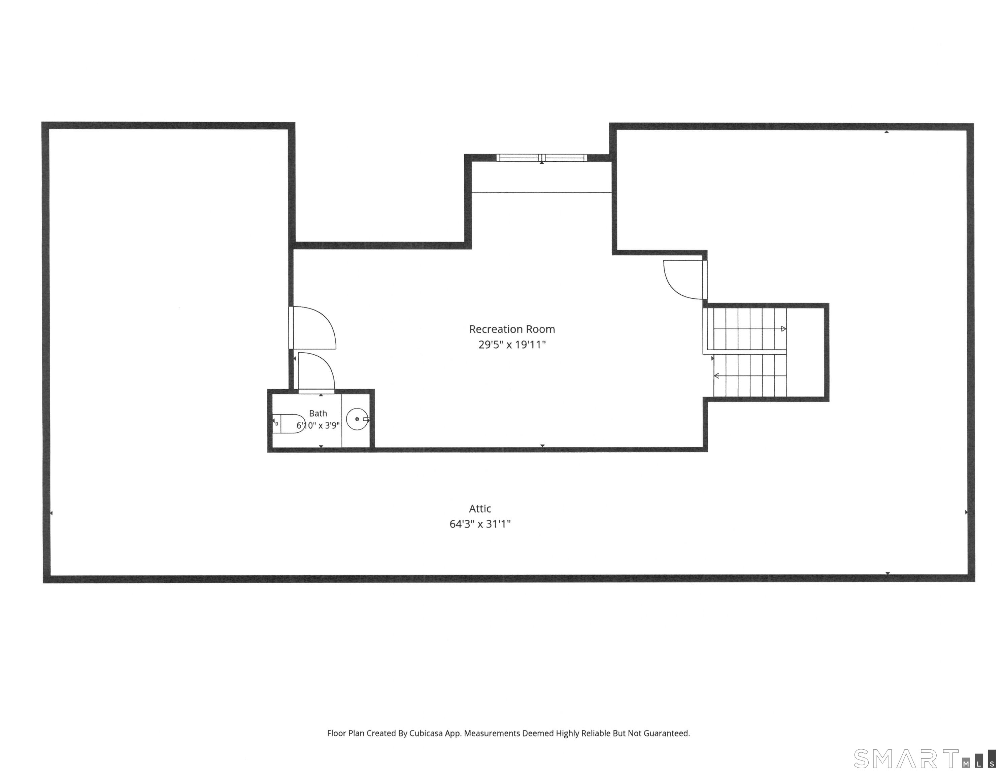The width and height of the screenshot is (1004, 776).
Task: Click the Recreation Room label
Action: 512,329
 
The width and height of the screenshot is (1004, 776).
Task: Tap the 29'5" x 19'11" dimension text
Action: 512,345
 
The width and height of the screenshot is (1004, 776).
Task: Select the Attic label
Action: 480,509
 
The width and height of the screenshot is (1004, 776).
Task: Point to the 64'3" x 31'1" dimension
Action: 480,524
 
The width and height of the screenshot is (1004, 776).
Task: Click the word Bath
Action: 318,414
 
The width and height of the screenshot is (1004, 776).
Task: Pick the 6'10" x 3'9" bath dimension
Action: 318,425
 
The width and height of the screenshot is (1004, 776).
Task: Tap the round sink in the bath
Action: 357,419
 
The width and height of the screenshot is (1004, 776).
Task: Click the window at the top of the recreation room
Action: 541,158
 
